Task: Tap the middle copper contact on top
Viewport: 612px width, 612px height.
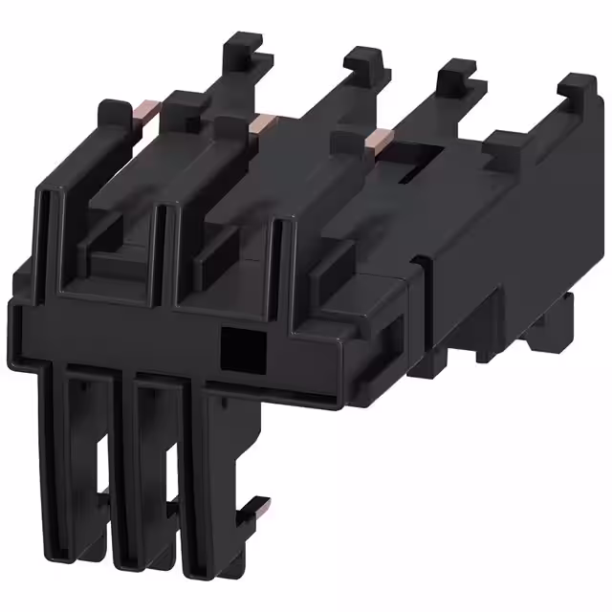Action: click(x=260, y=121)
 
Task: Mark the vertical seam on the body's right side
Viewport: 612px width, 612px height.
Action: click(x=425, y=316)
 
